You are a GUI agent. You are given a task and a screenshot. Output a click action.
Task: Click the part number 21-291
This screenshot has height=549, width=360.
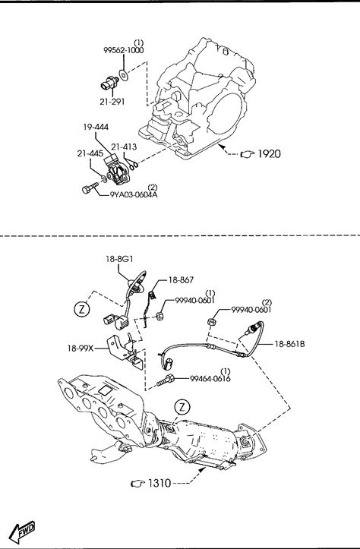tap(112, 102)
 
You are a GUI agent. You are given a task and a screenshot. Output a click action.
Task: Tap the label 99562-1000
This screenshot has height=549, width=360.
tap(123, 50)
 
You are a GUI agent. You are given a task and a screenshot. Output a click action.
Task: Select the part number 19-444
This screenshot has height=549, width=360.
tap(96, 127)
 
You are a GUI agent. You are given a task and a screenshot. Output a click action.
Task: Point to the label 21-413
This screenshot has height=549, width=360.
tap(124, 147)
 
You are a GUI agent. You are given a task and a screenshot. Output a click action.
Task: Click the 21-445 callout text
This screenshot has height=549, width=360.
tap(90, 153)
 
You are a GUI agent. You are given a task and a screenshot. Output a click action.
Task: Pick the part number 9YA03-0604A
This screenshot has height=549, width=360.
tap(134, 194)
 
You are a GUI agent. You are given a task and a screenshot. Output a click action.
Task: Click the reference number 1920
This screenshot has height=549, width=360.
tap(270, 153)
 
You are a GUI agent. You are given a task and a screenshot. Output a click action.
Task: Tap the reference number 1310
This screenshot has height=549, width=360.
tap(159, 483)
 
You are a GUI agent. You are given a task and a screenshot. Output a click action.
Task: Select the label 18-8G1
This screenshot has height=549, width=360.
tap(119, 259)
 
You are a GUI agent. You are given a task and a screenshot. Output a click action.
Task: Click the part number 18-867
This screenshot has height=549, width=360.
tap(181, 280)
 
